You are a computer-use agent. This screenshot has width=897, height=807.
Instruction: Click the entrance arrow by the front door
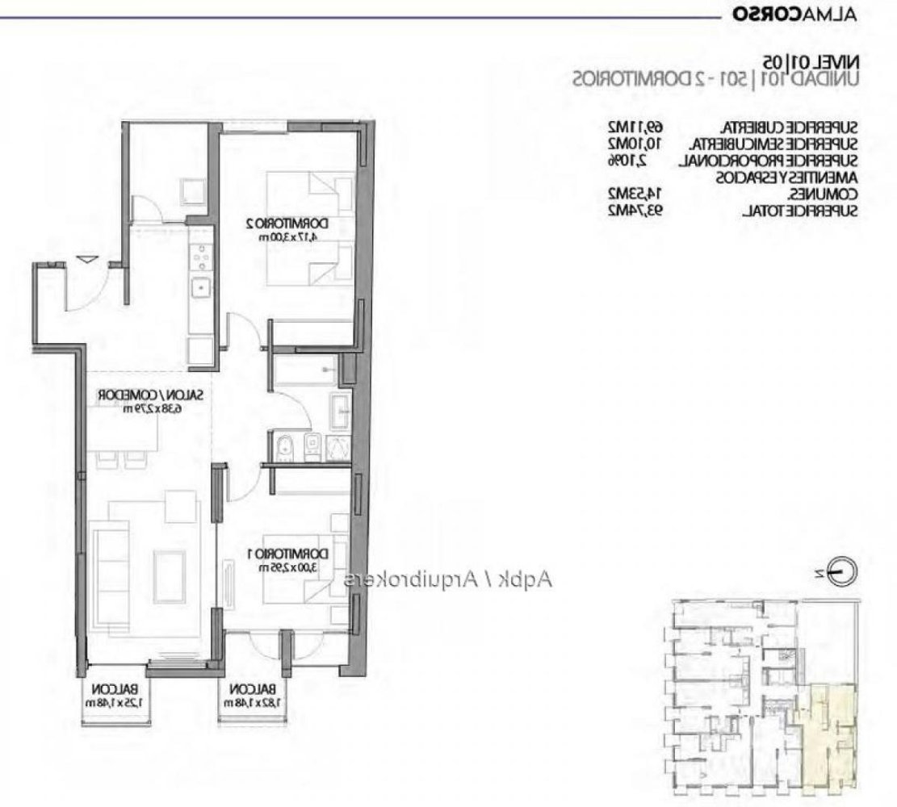(87, 259)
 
